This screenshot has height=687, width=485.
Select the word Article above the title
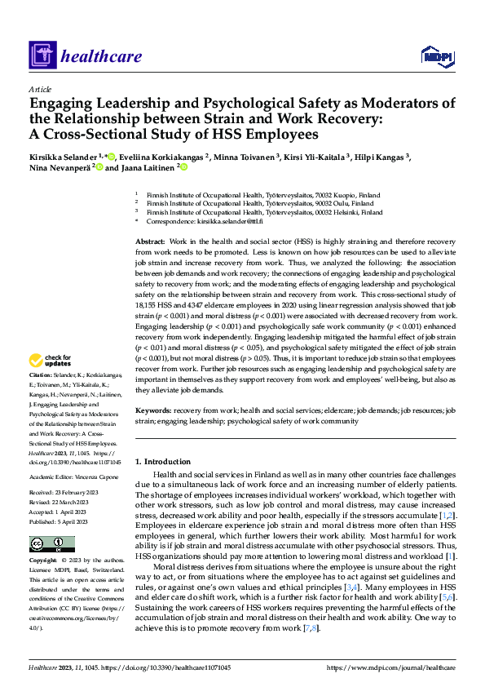40,89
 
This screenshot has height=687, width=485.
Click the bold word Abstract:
150,243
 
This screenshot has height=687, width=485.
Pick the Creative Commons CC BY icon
48,544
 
